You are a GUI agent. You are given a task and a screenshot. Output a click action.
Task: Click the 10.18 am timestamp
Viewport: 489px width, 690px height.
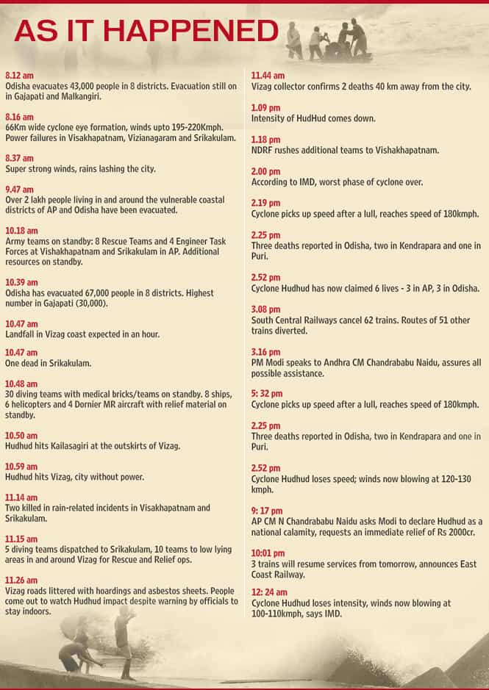[21, 231]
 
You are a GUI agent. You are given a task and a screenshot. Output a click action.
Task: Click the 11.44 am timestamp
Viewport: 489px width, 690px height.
[267, 76]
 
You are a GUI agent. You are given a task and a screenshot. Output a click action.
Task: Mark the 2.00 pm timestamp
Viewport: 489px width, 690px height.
[265, 171]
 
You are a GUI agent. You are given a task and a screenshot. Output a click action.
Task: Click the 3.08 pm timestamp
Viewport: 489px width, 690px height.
[265, 309]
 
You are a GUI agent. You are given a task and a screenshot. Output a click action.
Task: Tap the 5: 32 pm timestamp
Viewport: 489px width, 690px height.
[266, 384]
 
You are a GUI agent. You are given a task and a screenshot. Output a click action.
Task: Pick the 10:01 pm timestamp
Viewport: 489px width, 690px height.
[268, 553]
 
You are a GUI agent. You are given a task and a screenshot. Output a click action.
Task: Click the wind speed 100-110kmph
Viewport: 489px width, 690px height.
[282, 614]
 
